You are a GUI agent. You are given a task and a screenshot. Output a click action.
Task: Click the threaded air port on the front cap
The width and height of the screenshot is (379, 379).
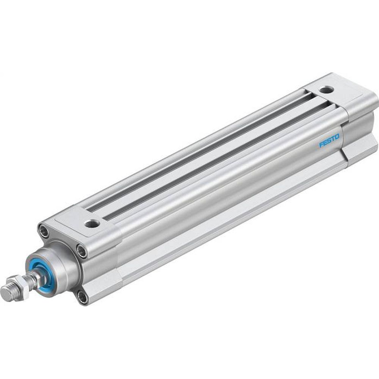92,223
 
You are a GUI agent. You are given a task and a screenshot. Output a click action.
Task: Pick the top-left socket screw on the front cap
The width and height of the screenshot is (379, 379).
44,231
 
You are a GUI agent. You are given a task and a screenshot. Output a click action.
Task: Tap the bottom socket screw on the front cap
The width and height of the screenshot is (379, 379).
83,297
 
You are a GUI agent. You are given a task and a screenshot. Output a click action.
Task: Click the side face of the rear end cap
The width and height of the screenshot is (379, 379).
360,129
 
